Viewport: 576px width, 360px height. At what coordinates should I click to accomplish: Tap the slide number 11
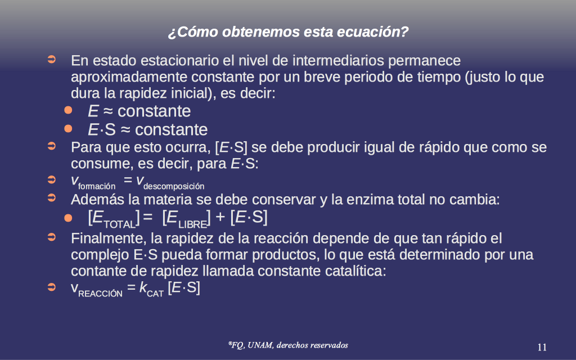[542, 347]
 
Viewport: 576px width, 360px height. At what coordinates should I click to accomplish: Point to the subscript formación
[97, 187]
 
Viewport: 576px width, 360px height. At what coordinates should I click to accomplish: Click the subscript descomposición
[174, 186]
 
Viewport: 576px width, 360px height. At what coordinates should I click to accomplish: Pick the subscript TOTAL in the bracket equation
[120, 224]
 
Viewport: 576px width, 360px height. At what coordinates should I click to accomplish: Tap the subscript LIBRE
[193, 224]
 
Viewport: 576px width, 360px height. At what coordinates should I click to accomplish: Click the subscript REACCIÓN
[100, 294]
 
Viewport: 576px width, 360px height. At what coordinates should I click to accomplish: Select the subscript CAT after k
[155, 294]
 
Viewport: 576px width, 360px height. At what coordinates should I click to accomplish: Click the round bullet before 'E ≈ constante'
[68, 110]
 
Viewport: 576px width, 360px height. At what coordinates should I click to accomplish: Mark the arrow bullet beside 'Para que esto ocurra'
[52, 146]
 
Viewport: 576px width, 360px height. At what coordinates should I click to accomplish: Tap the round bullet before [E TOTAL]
[68, 218]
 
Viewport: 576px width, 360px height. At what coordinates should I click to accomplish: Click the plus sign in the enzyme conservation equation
[220, 217]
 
